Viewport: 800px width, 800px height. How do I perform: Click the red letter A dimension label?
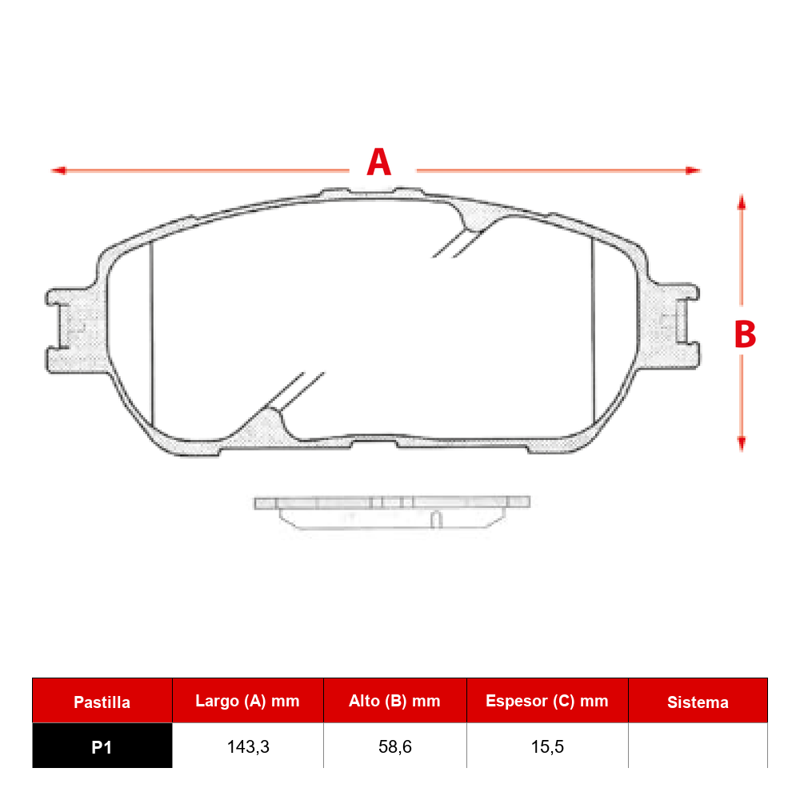pos(379,162)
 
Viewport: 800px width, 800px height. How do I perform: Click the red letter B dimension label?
pos(745,334)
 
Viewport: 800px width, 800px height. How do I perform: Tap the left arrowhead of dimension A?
pos(58,170)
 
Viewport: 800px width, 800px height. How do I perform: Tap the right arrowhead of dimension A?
pos(693,170)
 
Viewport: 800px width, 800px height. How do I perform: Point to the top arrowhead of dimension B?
pos(742,202)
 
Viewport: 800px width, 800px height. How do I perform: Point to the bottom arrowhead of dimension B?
pos(742,444)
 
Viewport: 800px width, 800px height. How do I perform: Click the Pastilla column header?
pos(102,702)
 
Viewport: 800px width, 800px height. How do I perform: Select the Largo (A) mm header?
pos(247,701)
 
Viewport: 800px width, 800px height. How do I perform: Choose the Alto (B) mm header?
pos(394,701)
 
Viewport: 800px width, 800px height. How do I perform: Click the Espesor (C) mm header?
pos(547,701)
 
